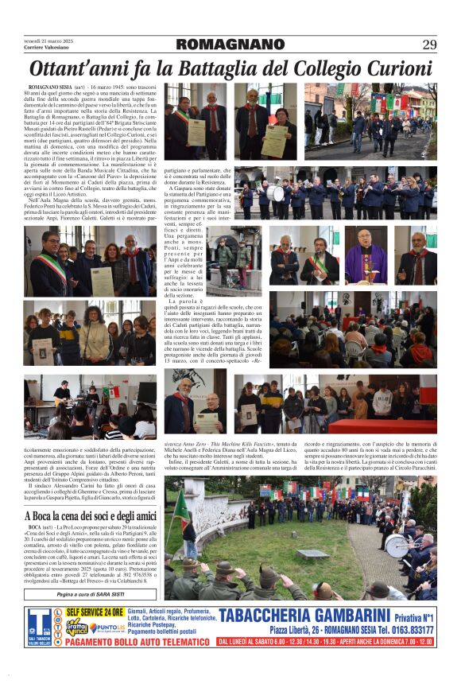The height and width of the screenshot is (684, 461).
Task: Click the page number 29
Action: click(x=429, y=44)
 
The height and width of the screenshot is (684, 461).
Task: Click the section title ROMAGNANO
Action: click(x=230, y=44)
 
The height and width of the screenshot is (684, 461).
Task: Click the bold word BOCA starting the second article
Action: click(x=34, y=527)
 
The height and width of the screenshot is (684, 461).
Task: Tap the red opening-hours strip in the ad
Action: click(x=326, y=641)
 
